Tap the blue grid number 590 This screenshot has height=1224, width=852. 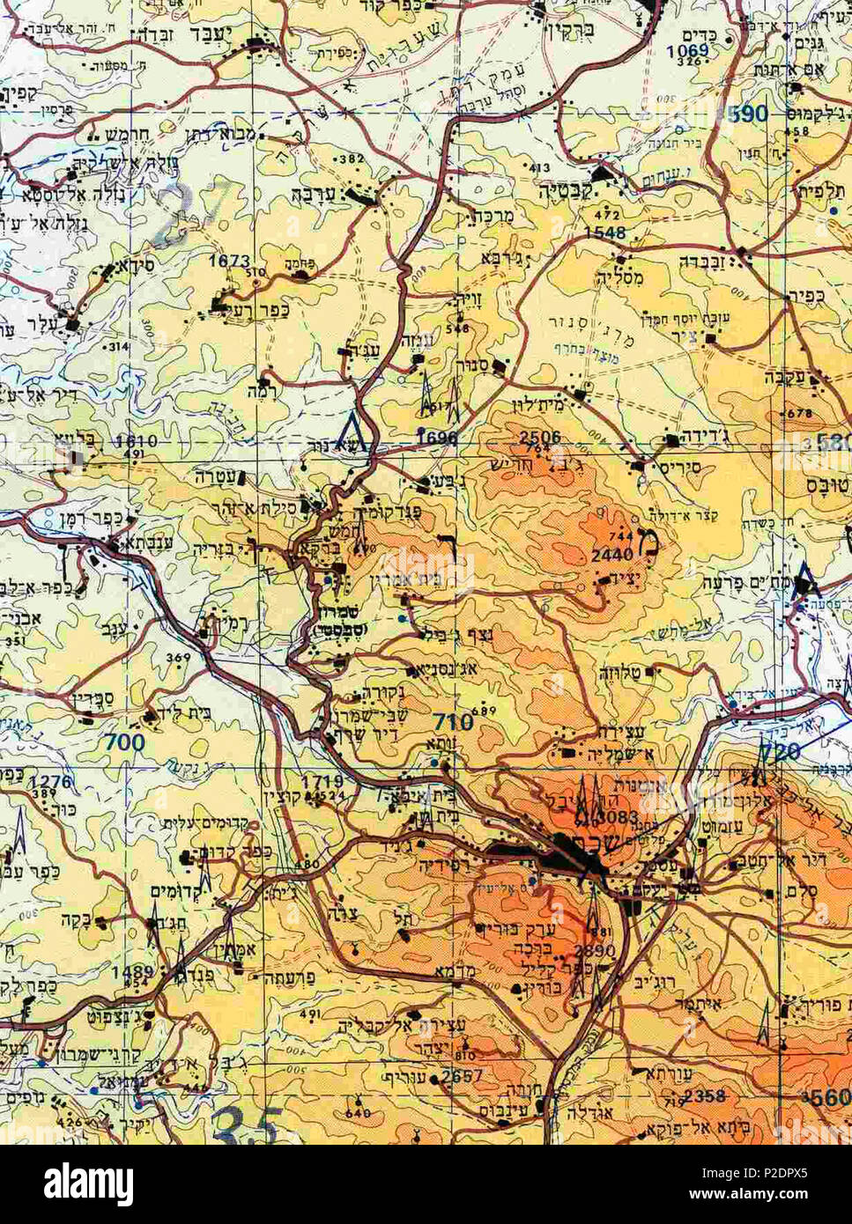click(749, 114)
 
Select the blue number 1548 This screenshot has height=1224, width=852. click(604, 233)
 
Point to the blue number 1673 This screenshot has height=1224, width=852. click(229, 262)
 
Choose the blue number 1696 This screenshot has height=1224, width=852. click(437, 438)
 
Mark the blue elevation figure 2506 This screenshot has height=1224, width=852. click(540, 438)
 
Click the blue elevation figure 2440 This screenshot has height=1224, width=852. click(611, 555)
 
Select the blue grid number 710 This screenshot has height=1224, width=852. click(453, 723)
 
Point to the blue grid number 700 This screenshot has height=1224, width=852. click(124, 742)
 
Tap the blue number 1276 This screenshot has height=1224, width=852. click(49, 781)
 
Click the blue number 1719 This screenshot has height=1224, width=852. click(321, 781)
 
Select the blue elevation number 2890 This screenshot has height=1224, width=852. click(595, 952)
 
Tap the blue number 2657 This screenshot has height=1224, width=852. click(463, 1077)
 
